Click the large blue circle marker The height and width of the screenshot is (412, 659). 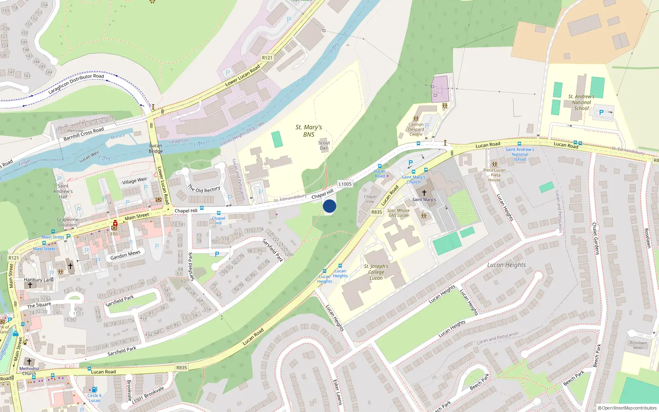329,206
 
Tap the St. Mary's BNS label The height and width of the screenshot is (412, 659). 309,131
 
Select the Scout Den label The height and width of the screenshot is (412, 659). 324,145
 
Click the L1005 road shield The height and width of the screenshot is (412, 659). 345,184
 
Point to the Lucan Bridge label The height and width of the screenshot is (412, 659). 156,148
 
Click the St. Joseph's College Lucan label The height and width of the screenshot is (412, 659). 376,272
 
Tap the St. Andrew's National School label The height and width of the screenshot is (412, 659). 581,102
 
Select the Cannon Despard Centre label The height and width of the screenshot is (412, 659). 416,129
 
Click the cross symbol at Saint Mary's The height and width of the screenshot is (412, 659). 424,193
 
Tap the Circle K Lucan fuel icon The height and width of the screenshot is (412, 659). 94,389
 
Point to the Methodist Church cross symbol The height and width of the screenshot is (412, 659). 29,362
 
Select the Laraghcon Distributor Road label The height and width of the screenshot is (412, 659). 76,84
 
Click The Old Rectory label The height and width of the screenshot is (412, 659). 204,189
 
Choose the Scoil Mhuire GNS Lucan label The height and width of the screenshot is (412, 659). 398,213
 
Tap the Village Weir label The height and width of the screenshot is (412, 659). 135,181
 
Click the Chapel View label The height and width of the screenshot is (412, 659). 370,199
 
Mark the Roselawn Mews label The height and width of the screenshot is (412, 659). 638,345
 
